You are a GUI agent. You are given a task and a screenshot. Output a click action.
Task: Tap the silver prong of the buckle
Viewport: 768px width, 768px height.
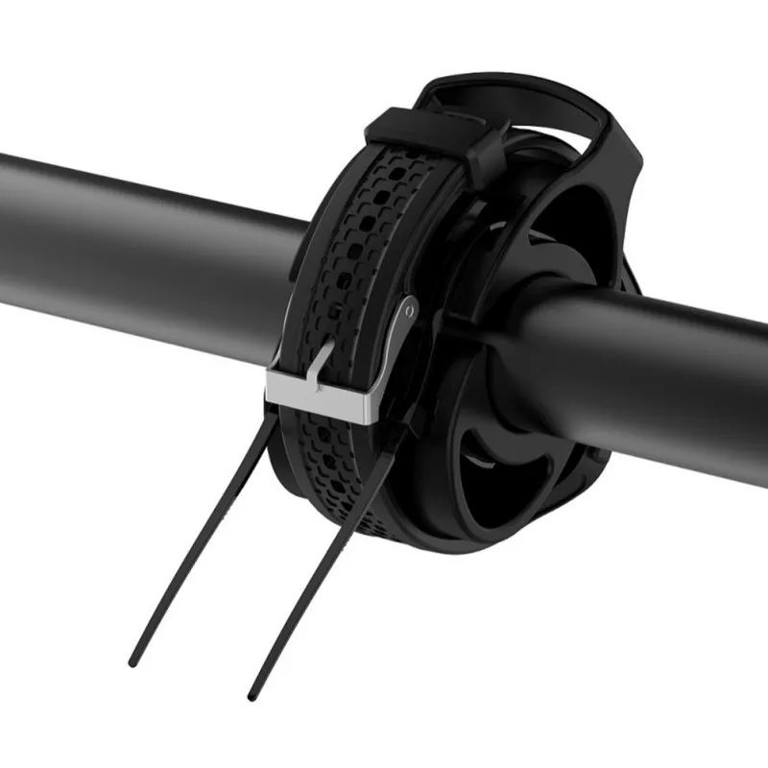click(x=322, y=364)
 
